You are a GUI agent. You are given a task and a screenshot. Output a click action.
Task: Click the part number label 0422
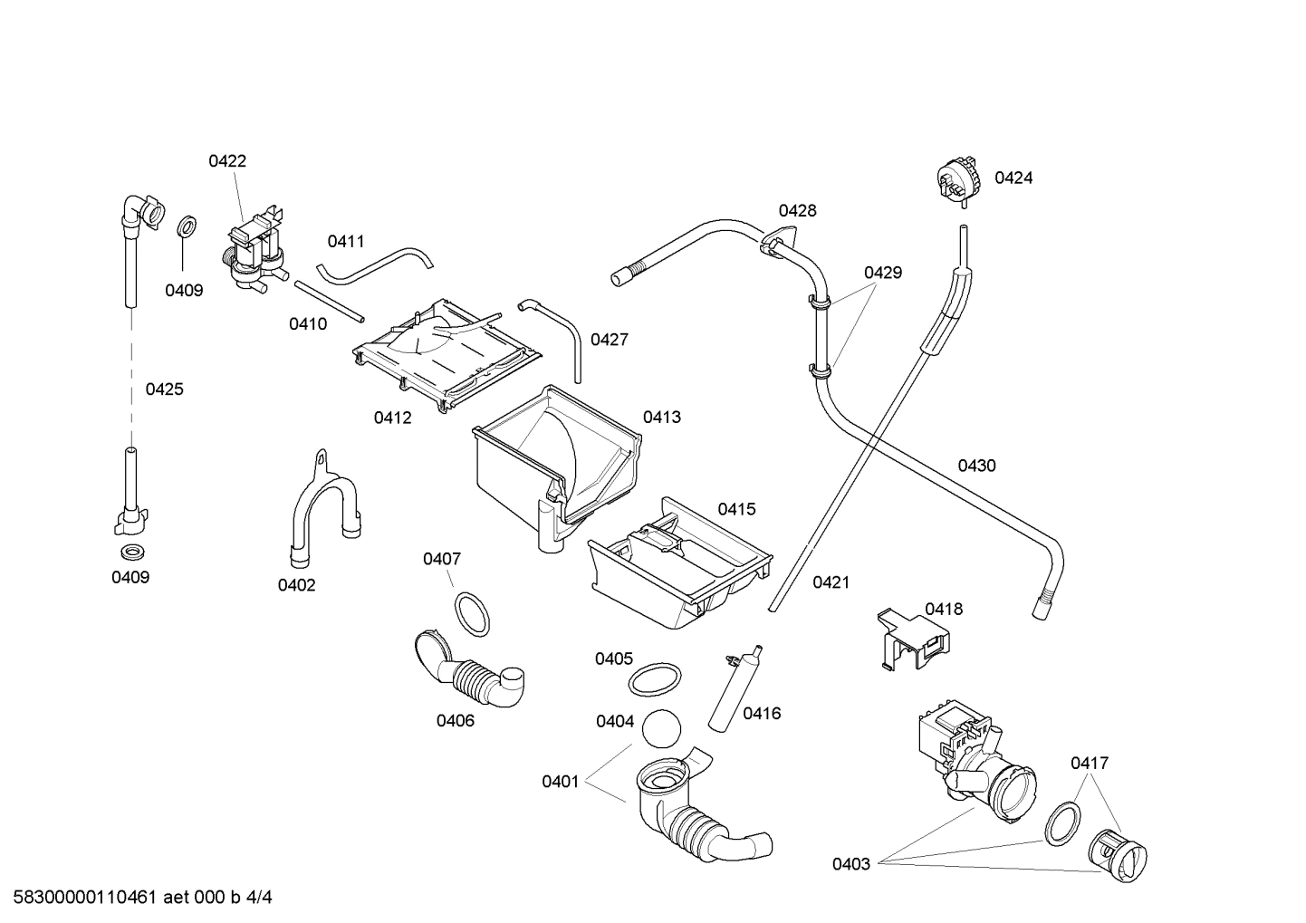(227, 161)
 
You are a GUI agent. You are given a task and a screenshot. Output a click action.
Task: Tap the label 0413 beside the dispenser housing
(662, 418)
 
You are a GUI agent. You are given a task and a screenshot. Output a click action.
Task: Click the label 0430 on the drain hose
(976, 466)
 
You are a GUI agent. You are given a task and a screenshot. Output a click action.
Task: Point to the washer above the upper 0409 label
(186, 226)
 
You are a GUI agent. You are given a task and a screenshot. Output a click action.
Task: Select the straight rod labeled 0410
(329, 301)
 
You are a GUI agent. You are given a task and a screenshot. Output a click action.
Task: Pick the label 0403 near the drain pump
(851, 864)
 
